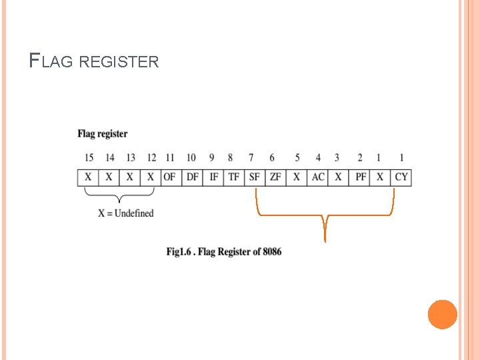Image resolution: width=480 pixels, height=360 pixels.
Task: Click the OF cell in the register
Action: [170, 177]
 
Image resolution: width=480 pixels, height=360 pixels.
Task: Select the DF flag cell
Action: [192, 177]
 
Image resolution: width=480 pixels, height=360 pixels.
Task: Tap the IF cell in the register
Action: [213, 177]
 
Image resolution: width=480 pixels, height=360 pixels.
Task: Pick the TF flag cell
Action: [233, 177]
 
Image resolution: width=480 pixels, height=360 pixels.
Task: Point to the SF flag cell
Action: [254, 177]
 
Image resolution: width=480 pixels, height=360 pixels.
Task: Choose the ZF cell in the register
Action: [275, 177]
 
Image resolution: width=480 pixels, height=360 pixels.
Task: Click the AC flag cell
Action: [318, 177]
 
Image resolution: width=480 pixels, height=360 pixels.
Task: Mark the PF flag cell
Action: [361, 177]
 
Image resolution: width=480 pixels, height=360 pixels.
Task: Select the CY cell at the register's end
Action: [401, 177]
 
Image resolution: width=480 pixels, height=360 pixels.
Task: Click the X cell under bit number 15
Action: [88, 177]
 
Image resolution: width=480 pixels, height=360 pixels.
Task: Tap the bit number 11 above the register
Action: [170, 157]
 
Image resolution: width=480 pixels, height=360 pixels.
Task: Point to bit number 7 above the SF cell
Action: [251, 157]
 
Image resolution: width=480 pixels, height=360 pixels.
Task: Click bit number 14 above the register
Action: [109, 157]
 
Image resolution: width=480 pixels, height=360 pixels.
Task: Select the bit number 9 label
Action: [211, 157]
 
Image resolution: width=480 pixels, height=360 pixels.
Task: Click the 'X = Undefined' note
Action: [126, 213]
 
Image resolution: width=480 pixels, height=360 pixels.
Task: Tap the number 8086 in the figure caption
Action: [272, 252]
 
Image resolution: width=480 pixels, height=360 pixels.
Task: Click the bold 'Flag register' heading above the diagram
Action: [102, 134]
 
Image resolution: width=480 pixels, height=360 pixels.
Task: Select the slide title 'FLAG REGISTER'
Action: [94, 62]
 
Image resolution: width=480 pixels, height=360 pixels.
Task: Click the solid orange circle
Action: [443, 315]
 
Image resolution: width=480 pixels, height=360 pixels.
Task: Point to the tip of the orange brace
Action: [325, 240]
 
